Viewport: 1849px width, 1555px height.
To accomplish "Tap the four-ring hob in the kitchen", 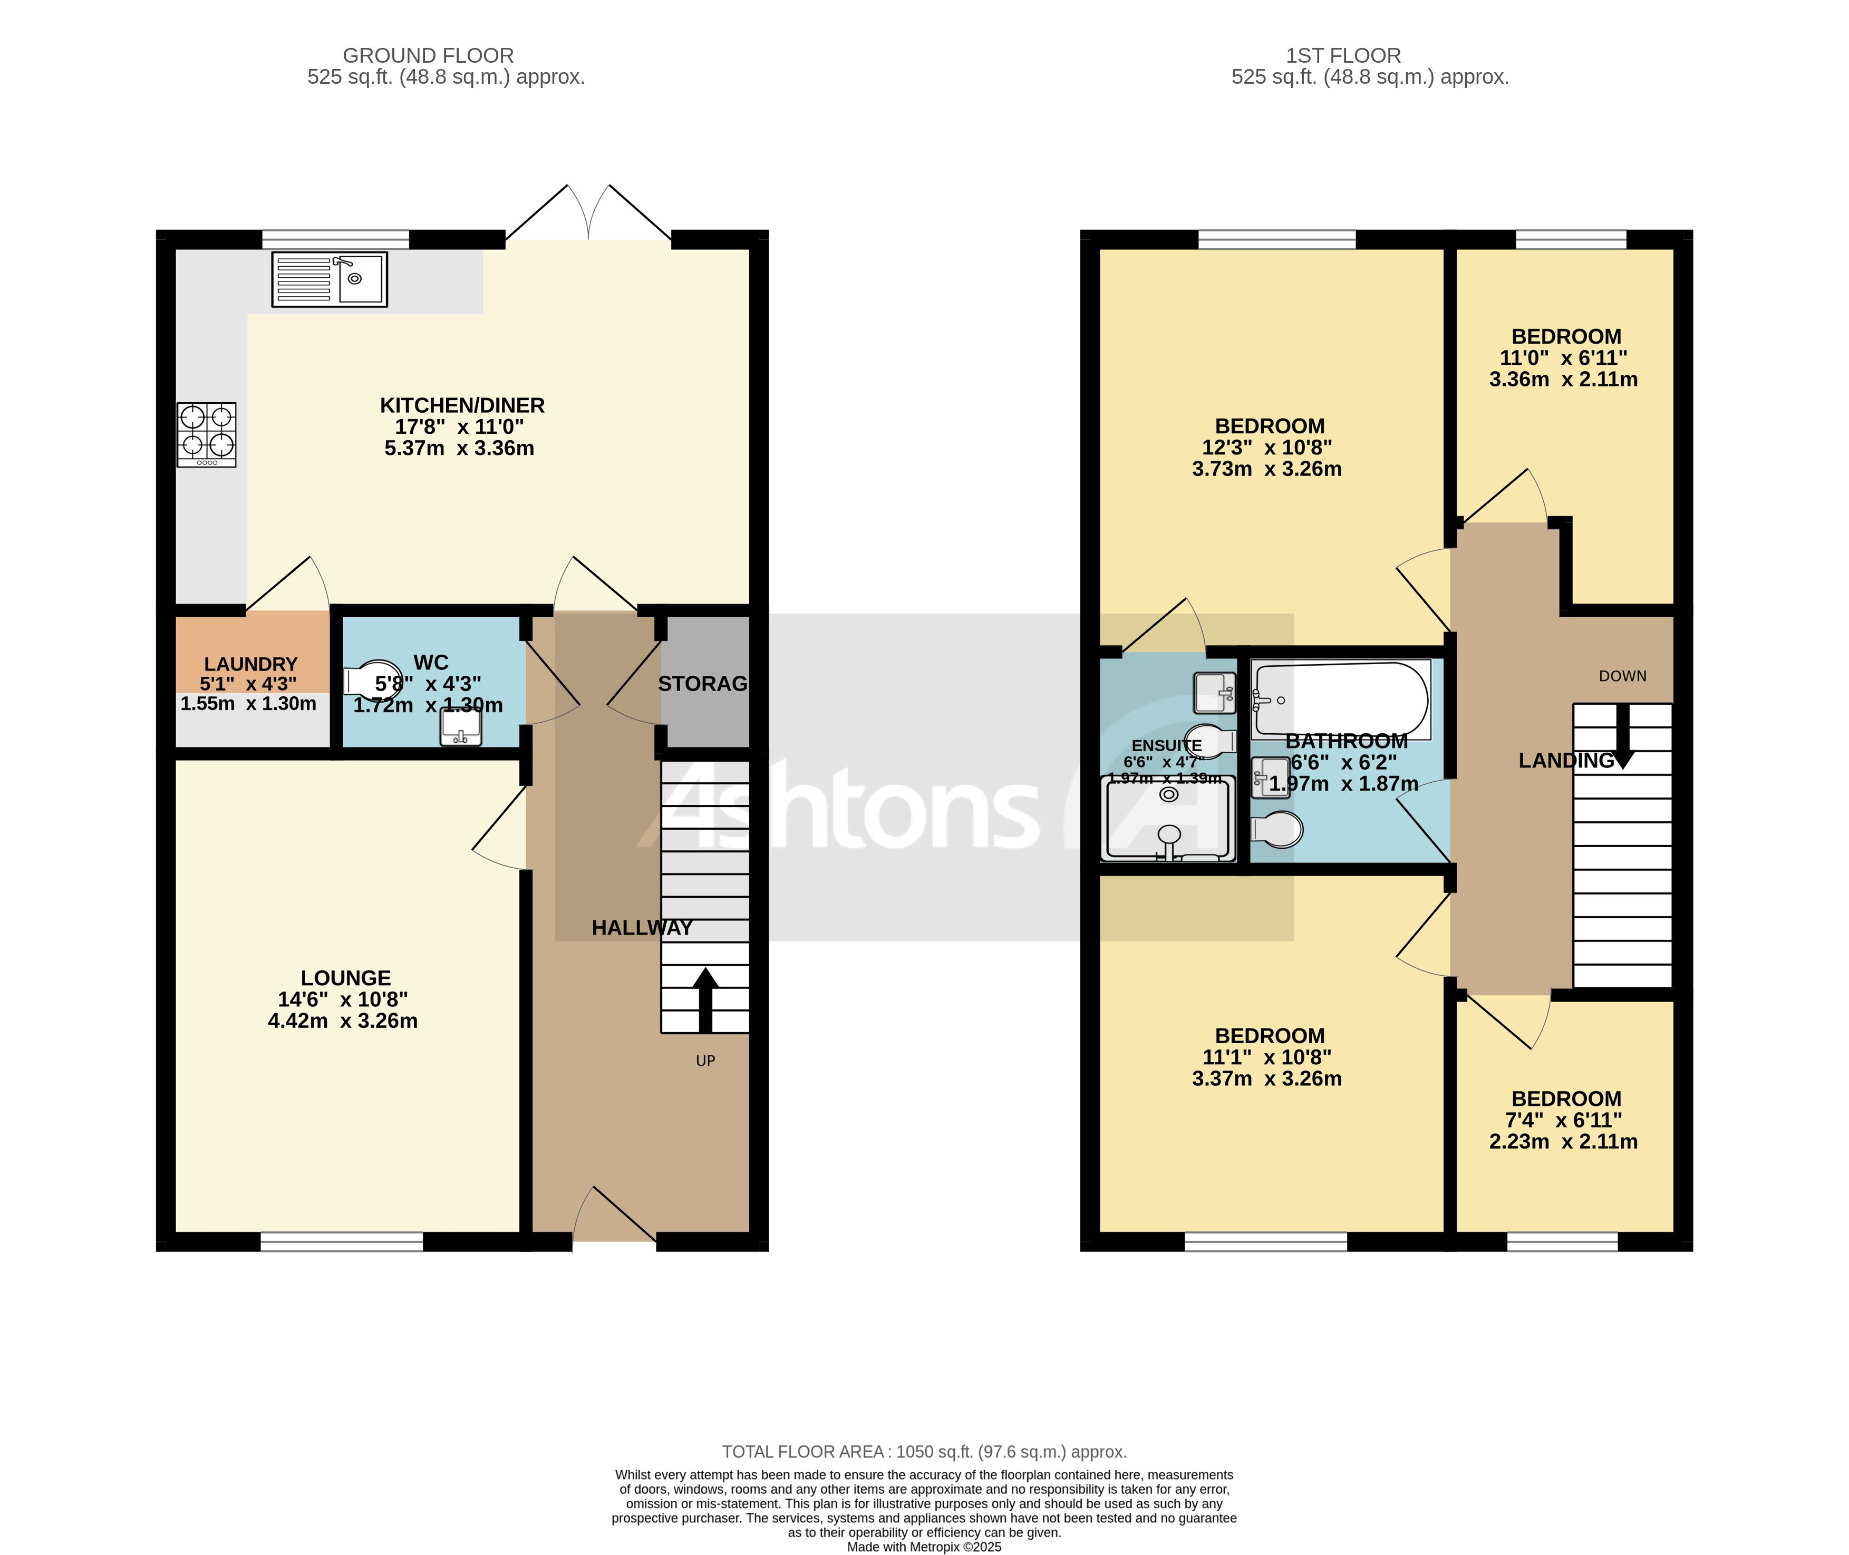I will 206,434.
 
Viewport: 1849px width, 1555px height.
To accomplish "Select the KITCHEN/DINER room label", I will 462,405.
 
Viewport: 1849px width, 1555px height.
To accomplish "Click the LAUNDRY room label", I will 250,664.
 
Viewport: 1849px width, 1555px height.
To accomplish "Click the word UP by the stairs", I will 705,1061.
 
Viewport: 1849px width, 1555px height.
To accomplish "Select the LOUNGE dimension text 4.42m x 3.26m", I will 343,1021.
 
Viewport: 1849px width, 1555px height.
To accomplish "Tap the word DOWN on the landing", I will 1622,676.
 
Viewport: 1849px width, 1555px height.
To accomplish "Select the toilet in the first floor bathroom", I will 1277,829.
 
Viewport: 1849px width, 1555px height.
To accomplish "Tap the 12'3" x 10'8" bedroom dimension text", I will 1267,448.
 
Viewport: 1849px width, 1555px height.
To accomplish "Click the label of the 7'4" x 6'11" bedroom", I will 1566,1099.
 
